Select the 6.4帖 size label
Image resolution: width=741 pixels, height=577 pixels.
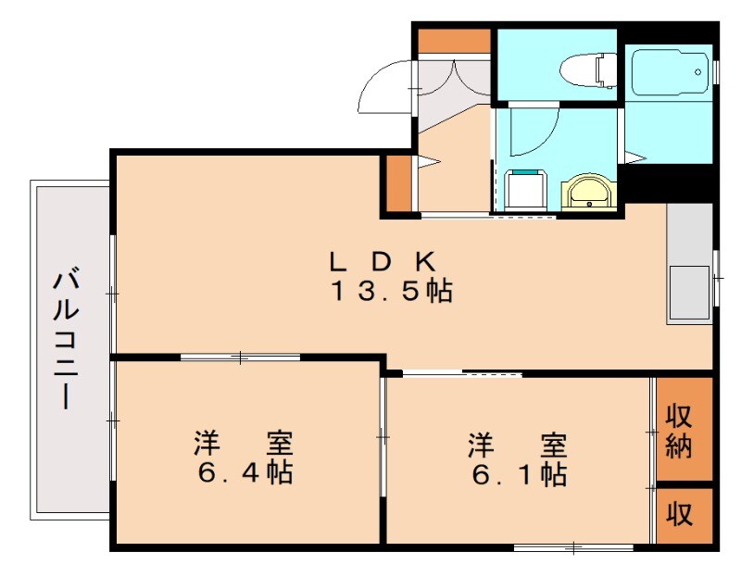point(245,472)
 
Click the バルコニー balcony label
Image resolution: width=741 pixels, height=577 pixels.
point(66,339)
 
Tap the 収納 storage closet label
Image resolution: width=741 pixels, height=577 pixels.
point(682,431)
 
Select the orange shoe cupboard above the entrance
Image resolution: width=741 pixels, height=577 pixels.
point(453,41)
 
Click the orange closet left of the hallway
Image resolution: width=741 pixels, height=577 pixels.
point(398,184)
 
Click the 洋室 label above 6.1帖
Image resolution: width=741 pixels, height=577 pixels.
point(517,444)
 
